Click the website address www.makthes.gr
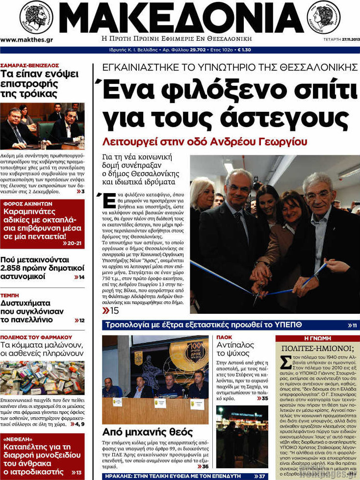(x=27, y=40)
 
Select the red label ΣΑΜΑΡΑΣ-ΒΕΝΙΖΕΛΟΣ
(x=30, y=65)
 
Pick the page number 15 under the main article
(x=114, y=311)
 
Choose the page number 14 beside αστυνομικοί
(x=81, y=277)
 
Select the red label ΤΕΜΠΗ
(x=10, y=296)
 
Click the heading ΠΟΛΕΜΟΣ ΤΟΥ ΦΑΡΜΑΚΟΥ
(x=36, y=338)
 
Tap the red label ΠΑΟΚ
(x=224, y=338)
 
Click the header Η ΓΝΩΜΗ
(x=317, y=338)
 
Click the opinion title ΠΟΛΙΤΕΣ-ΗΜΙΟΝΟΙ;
(x=317, y=349)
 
